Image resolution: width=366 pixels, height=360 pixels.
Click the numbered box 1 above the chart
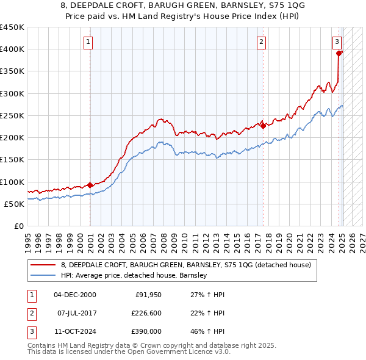tap(88, 42)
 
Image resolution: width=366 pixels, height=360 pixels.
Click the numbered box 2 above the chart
tap(261, 42)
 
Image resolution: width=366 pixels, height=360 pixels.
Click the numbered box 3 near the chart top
tap(337, 42)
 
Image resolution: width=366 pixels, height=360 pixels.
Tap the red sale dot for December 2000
tap(90, 185)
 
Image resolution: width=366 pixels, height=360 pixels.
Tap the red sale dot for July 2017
tap(263, 126)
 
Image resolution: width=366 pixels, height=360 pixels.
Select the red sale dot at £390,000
tap(339, 53)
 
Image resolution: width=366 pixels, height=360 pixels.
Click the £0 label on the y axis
tap(19, 226)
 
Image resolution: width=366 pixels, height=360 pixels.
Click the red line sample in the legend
tap(43, 265)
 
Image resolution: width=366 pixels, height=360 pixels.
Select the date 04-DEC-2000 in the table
tap(74, 295)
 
